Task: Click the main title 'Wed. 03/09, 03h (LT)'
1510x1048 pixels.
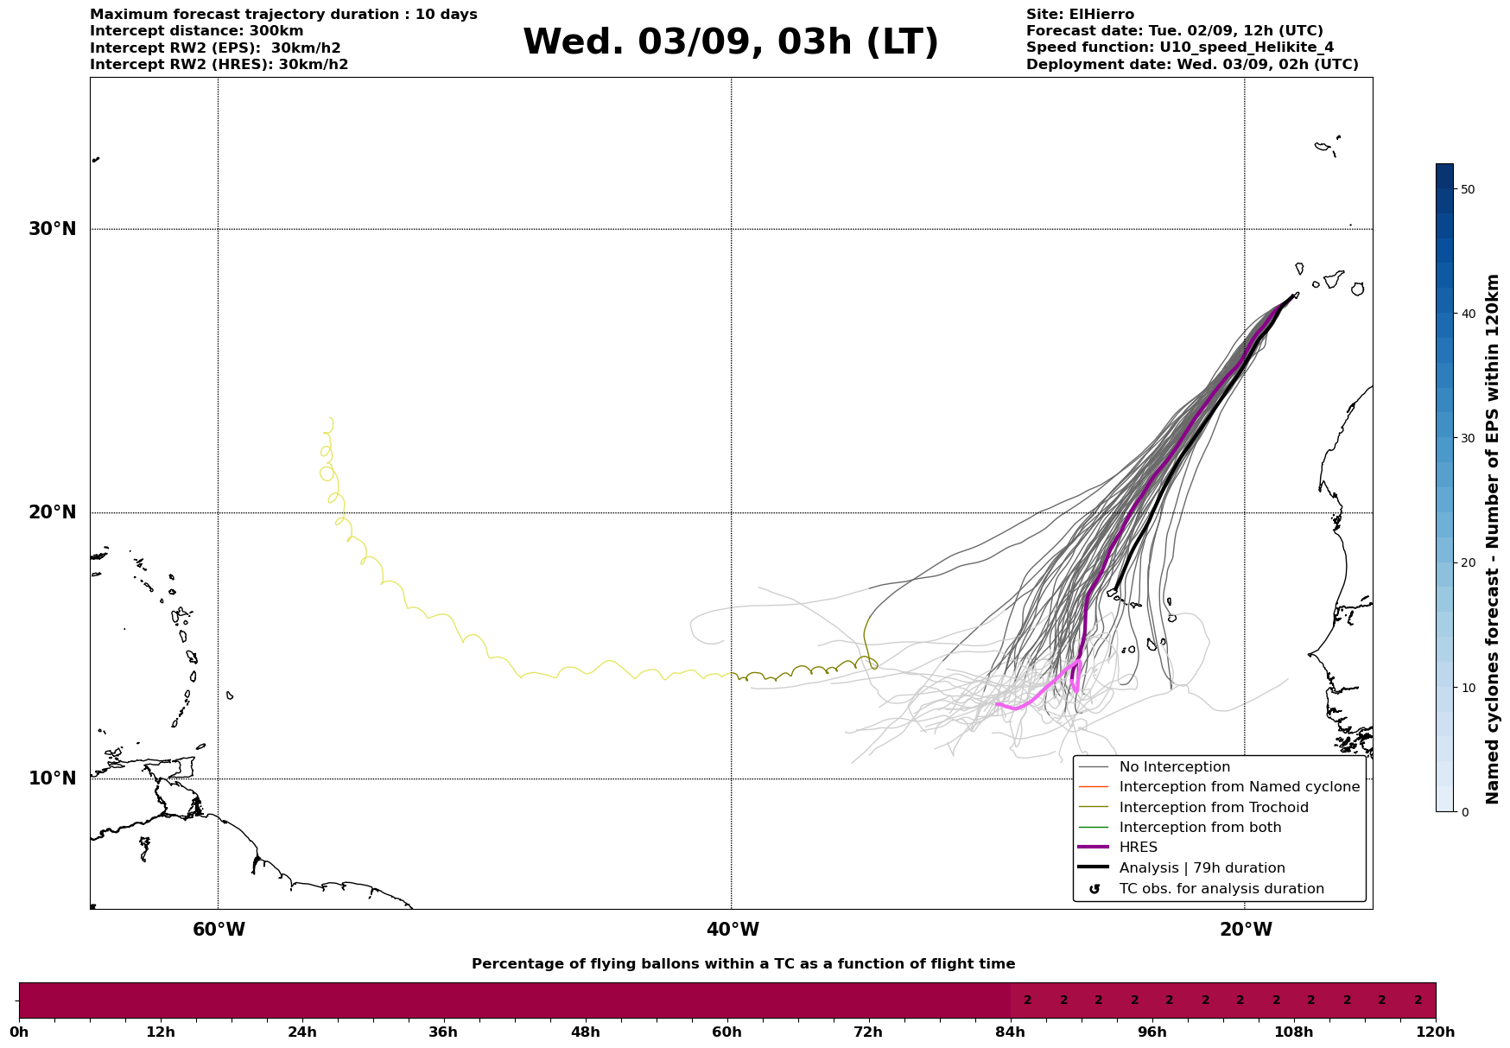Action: [x=730, y=42]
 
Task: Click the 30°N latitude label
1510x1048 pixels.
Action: [x=53, y=229]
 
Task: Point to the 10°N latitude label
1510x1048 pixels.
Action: [x=53, y=778]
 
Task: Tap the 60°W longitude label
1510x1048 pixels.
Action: [x=219, y=930]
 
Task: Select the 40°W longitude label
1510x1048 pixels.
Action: [x=733, y=930]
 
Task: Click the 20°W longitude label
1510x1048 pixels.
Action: [x=1246, y=930]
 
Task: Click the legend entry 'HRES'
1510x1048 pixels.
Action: [x=1138, y=848]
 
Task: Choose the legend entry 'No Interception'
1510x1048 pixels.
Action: [x=1174, y=767]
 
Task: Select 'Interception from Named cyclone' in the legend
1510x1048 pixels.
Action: [x=1239, y=787]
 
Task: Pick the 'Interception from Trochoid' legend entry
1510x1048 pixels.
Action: [x=1213, y=808]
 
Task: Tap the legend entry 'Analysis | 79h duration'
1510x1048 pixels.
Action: [x=1202, y=868]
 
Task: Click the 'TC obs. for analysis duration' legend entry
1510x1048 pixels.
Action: [x=1221, y=889]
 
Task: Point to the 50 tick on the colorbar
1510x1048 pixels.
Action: [x=1467, y=189]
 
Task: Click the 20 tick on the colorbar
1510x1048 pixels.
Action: [x=1467, y=562]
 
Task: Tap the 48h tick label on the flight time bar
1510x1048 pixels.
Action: [x=585, y=1032]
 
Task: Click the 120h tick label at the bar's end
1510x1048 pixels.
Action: [x=1436, y=1032]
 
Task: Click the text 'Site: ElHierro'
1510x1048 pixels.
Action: [x=1080, y=15]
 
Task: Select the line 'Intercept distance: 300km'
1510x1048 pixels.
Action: [x=197, y=31]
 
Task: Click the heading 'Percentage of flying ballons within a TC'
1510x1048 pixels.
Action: [x=743, y=964]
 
